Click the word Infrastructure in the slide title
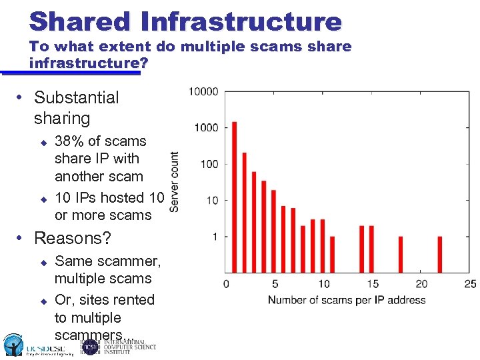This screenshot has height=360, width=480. point(241,21)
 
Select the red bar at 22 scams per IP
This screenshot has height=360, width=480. point(440,254)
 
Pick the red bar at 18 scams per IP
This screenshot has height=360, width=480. point(401,254)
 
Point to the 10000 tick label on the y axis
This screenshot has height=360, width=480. point(203,91)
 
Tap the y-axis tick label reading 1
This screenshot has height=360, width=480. point(215,237)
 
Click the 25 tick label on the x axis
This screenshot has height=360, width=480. point(469,284)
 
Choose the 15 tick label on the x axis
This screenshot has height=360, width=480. point(372,284)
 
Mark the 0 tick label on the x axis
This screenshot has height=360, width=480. point(225,284)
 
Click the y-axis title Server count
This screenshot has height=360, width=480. point(174,182)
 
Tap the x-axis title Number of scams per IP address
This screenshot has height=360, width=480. point(346,300)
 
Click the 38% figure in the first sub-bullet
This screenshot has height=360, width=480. point(69,141)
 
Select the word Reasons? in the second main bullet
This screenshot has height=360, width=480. point(72,238)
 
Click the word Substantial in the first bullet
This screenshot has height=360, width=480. point(76,97)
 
